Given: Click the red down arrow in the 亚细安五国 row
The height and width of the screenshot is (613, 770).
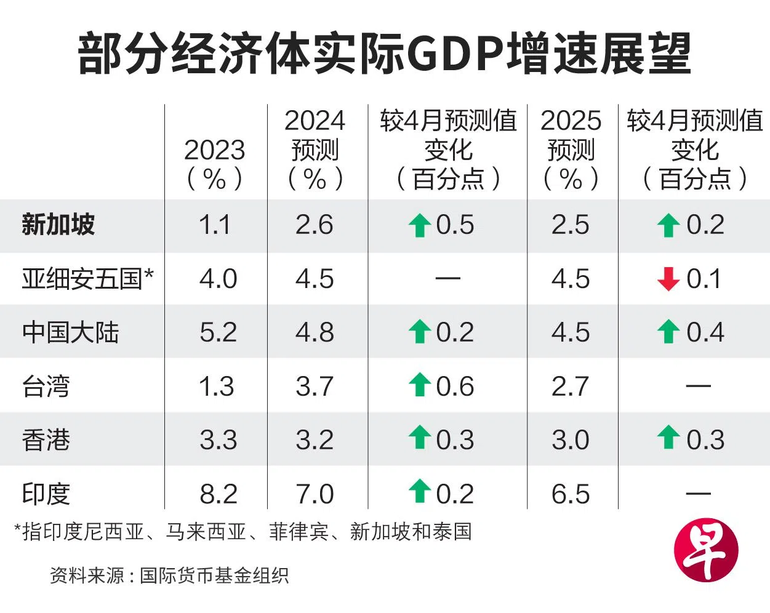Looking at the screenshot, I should coord(668,279).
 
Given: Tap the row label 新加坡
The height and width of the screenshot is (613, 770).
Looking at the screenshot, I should coord(58,225).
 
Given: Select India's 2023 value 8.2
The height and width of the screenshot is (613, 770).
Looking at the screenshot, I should coord(219,494).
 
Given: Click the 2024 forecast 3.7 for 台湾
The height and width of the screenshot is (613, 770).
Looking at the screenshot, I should coord(315,387).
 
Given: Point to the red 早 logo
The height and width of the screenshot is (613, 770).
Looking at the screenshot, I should coord(705,550).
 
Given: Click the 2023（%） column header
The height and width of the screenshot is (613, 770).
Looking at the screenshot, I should coord(214,164).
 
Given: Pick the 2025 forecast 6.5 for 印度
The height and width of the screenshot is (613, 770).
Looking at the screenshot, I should coord(571,494).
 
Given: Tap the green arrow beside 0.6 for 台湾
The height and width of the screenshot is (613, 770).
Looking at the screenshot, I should coord(420,385).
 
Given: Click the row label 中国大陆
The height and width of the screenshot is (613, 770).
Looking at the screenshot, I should coord(70,332).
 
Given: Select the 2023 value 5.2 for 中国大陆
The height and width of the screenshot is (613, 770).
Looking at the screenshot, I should coord(219,332).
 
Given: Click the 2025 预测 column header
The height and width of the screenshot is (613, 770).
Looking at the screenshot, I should coord(571,150).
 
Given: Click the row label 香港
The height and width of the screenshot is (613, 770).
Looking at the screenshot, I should coord(46,440).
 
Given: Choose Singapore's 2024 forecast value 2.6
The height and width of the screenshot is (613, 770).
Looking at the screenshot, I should coord(315,225).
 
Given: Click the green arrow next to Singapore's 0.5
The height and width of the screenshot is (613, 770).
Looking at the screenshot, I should coord(420,225).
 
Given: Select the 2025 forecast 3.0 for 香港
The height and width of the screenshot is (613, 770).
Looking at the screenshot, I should coord(571,440).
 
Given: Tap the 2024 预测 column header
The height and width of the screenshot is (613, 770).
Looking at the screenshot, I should coord(315,150).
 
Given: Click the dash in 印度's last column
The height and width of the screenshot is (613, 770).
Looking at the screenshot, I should coord(698,494).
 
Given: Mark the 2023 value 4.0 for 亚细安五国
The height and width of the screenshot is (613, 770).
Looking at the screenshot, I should coord(219,279).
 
